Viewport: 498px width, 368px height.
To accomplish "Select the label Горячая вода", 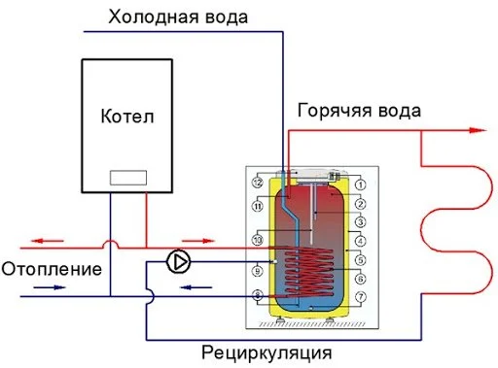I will pos(359,110).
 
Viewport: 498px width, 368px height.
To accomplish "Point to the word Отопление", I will pos(51,268).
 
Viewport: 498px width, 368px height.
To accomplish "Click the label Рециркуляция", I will pos(267,351).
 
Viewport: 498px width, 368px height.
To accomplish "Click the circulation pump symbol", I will pos(178,260).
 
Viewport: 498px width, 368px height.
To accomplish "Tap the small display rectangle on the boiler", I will pos(127,178).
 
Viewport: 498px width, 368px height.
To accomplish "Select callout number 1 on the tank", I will pos(359,185).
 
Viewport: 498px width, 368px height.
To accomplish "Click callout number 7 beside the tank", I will pos(359,295).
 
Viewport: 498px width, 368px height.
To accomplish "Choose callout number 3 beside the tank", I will pos(359,222).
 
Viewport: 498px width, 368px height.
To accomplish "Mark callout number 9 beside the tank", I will pos(258,271).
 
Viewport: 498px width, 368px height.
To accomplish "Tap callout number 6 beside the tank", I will pos(359,278).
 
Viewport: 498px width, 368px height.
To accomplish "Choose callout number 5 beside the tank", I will pos(359,259).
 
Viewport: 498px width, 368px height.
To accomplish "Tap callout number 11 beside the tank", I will pos(258,207).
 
